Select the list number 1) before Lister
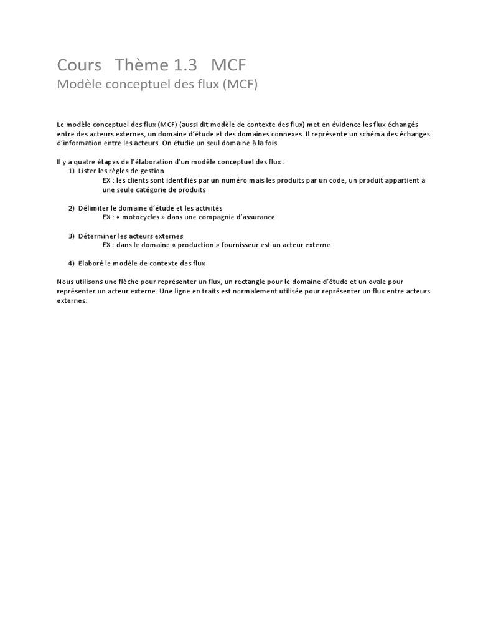[x=72, y=171]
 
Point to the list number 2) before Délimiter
[x=72, y=207]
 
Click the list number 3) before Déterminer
[x=72, y=236]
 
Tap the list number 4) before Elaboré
[x=72, y=263]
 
